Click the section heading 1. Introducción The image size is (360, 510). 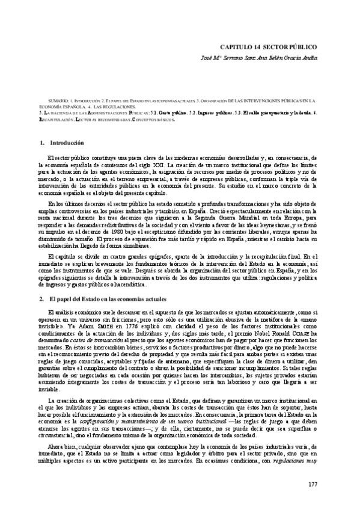click(x=61, y=143)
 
